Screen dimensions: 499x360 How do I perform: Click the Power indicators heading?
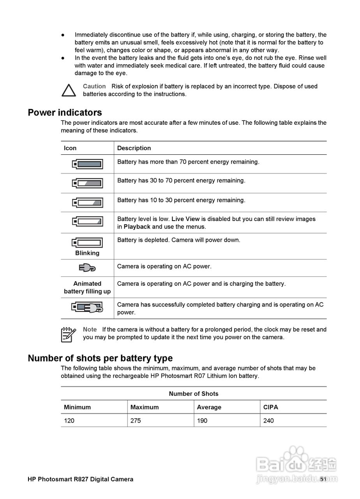pyautogui.click(x=65, y=113)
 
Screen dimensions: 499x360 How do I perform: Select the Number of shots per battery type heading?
pyautogui.click(x=100, y=358)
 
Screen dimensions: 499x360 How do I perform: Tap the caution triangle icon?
pyautogui.click(x=69, y=90)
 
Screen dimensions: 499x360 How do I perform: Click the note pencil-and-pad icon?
pyautogui.click(x=69, y=334)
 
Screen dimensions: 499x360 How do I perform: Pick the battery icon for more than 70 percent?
pyautogui.click(x=87, y=164)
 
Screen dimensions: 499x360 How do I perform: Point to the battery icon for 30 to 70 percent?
pyautogui.click(x=87, y=183)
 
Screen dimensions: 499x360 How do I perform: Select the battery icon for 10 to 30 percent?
pyautogui.click(x=87, y=203)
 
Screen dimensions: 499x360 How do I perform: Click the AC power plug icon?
pyautogui.click(x=87, y=268)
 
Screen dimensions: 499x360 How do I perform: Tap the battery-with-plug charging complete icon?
pyautogui.click(x=87, y=308)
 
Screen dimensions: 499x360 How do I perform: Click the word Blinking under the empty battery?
pyautogui.click(x=87, y=253)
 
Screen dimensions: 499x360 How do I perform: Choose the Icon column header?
pyautogui.click(x=70, y=148)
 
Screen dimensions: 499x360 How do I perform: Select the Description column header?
pyautogui.click(x=134, y=148)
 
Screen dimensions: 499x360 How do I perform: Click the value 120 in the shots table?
pyautogui.click(x=69, y=421)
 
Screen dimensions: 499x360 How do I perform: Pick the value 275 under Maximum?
pyautogui.click(x=136, y=421)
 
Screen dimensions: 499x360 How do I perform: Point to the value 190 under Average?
pyautogui.click(x=202, y=421)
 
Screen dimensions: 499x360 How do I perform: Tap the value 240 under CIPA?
pyautogui.click(x=268, y=421)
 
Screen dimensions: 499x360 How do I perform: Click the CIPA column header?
pyautogui.click(x=271, y=407)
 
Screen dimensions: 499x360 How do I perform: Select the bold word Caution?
pyautogui.click(x=94, y=86)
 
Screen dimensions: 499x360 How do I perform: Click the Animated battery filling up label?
pyautogui.click(x=87, y=287)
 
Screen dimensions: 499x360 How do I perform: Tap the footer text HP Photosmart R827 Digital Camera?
pyautogui.click(x=80, y=479)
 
